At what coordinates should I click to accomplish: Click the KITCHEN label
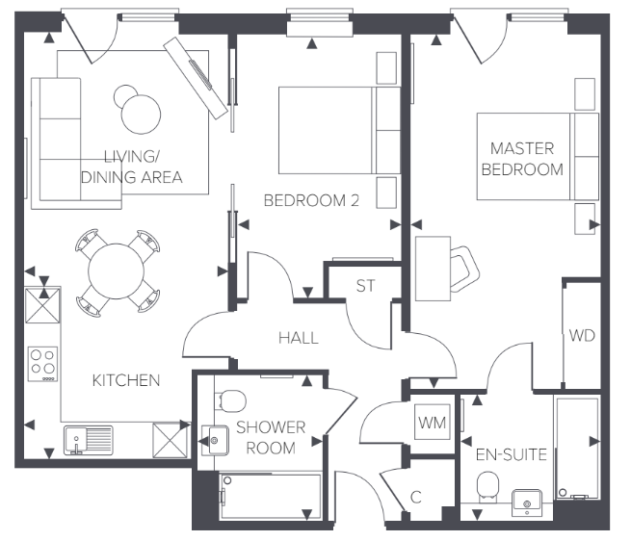point(125,380)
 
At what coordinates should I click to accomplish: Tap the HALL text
point(298,338)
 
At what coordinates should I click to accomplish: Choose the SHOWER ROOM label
point(271,438)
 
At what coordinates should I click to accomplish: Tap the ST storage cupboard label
point(365,286)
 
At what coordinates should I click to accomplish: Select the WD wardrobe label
point(581,336)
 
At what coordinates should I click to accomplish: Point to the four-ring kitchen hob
point(43,363)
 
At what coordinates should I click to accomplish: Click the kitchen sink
point(88,440)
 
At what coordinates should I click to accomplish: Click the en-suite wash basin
point(526,501)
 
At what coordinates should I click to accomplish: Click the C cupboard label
point(416,498)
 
